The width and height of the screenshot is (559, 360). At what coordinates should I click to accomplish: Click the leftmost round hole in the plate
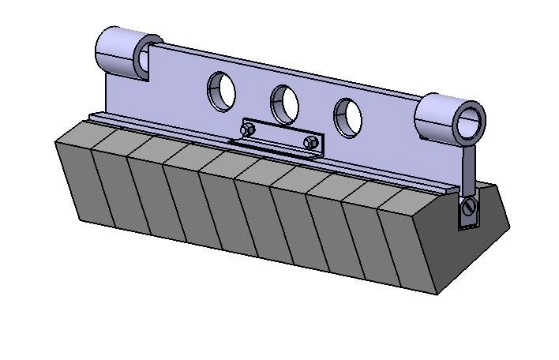222,90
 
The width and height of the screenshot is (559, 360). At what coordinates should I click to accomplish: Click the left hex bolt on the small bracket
248,129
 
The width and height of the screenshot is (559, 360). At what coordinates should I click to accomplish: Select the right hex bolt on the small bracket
312,143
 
